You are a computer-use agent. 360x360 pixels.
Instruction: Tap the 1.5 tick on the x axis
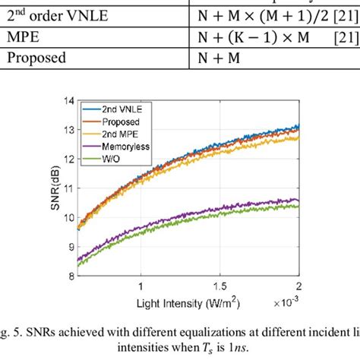tap(219, 286)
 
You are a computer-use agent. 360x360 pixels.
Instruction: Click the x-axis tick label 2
tap(299, 286)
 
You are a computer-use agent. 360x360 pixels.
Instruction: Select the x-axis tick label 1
tap(140, 286)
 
